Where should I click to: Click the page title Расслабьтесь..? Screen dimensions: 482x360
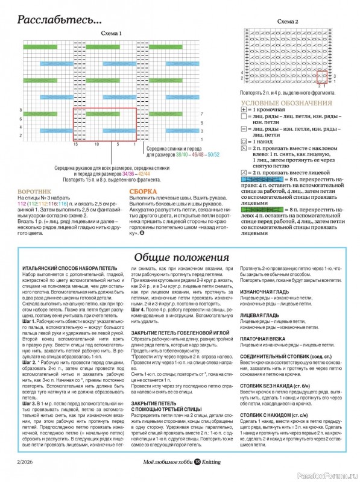tap(59, 19)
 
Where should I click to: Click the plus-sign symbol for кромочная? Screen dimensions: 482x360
tap(244, 112)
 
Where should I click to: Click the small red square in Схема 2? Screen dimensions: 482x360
tap(321, 77)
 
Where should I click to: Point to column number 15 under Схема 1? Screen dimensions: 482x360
tap(76, 145)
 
